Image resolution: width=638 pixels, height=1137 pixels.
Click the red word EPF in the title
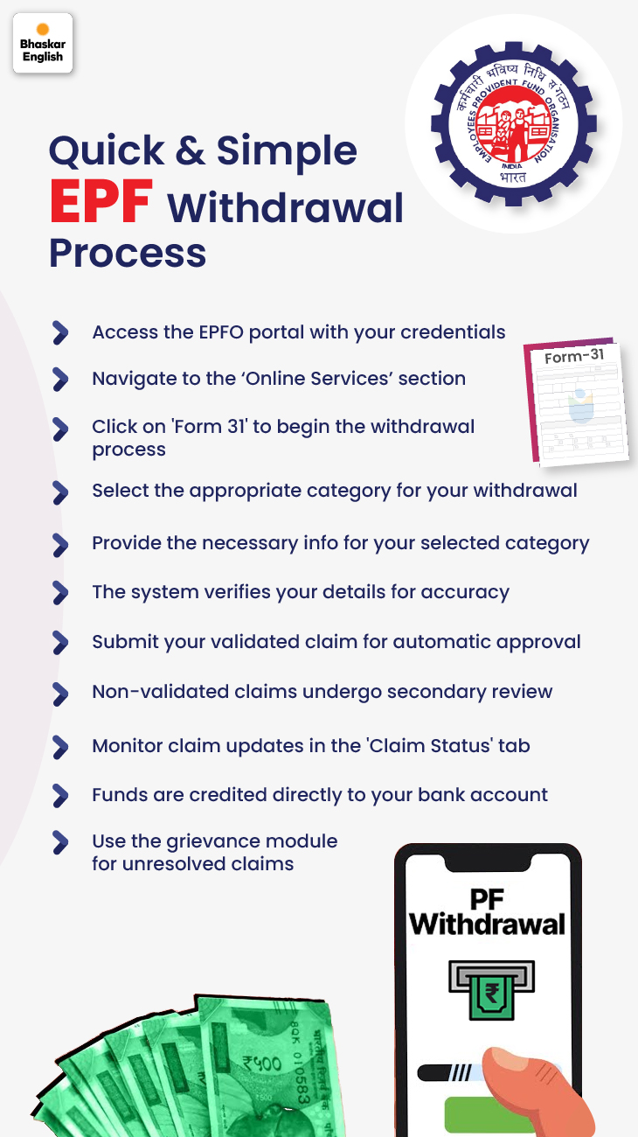[x=101, y=202]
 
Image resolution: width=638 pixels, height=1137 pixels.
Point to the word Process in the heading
[x=128, y=253]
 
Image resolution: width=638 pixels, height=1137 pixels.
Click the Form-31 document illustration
[x=577, y=401]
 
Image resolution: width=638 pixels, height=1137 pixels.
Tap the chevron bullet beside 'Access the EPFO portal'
[x=60, y=332]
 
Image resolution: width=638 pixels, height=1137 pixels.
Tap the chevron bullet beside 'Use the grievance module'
[x=60, y=842]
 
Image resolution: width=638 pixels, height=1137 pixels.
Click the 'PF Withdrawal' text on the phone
[x=487, y=913]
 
